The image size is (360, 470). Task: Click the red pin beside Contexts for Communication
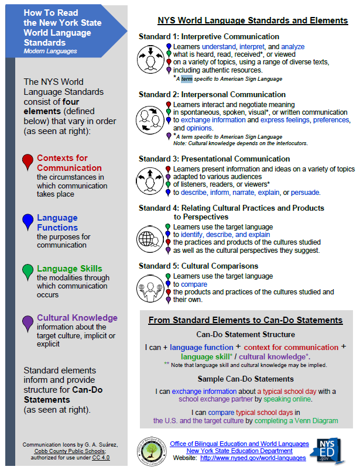coord(27,162)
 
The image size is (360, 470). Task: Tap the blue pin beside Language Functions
coord(27,221)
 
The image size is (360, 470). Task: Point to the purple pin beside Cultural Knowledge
coord(27,322)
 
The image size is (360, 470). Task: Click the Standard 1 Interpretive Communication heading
coord(209,37)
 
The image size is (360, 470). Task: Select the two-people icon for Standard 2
coord(150,118)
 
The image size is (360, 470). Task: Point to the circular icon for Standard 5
coord(150,287)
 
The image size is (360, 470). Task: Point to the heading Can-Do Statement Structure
coord(245,335)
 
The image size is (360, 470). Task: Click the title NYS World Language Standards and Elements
coord(253,20)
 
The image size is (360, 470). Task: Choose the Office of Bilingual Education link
coord(239,443)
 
